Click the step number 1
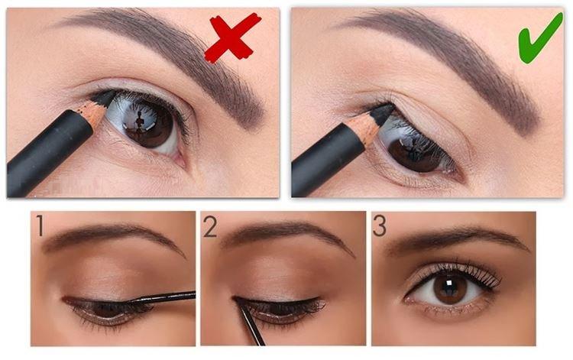(x=39, y=225)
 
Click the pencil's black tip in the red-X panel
(x=105, y=98)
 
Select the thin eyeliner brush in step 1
(x=164, y=297)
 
